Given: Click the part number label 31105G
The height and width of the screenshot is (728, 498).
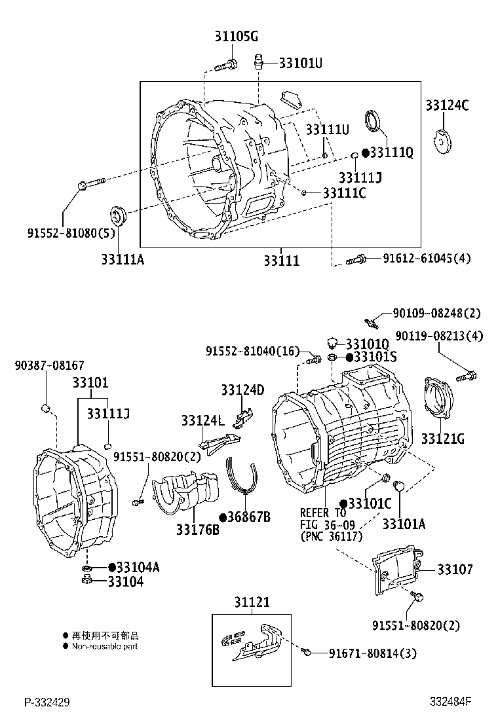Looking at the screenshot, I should [x=235, y=37].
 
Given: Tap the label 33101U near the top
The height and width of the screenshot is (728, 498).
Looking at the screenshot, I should [x=301, y=64].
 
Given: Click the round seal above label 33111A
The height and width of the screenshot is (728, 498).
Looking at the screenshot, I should [x=118, y=215].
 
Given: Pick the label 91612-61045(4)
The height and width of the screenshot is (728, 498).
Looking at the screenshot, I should [x=427, y=258].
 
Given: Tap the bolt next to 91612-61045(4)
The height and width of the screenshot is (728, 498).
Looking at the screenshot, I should [x=356, y=259].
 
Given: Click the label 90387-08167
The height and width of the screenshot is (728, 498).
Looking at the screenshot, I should [x=50, y=365].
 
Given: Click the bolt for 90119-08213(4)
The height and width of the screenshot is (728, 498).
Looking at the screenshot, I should [x=469, y=376].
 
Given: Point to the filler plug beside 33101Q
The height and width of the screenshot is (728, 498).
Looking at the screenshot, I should [x=333, y=343].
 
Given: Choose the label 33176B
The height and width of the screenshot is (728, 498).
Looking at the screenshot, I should [x=197, y=530].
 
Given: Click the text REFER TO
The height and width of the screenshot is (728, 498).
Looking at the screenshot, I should [x=322, y=513].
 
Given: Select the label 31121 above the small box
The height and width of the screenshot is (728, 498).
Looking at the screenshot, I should [x=252, y=602].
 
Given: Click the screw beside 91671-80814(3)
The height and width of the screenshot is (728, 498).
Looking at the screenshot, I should [x=307, y=652].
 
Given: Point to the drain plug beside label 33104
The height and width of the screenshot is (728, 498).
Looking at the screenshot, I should [x=86, y=581].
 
